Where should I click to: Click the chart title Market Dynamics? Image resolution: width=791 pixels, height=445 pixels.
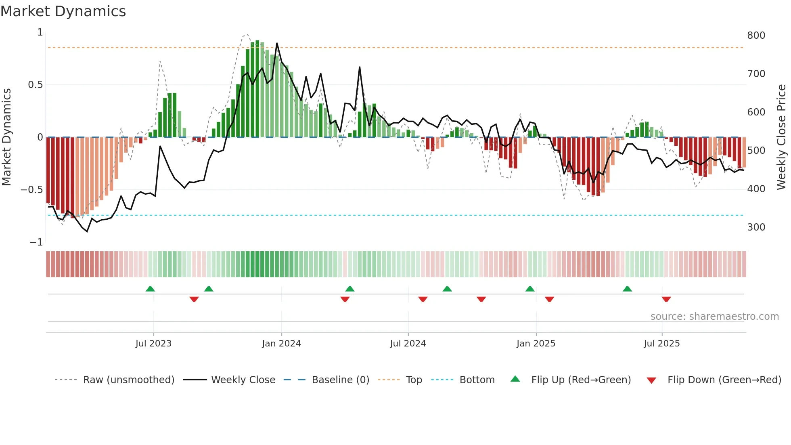(63, 11)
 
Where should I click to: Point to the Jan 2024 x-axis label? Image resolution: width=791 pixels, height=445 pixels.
(281, 344)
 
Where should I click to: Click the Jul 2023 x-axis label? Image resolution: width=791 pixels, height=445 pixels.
(153, 344)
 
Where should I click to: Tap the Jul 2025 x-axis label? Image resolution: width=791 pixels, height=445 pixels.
(661, 344)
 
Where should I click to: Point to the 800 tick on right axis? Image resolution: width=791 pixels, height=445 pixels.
(756, 36)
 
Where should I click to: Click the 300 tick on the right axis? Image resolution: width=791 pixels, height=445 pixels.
(756, 227)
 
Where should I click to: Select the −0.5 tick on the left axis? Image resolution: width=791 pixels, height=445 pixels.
(31, 190)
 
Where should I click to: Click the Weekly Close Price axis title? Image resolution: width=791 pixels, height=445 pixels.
(781, 137)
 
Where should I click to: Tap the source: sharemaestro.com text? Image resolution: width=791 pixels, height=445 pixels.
(714, 317)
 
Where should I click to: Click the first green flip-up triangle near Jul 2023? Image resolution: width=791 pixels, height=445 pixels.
(150, 289)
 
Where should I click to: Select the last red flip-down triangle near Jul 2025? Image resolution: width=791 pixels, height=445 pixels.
(666, 299)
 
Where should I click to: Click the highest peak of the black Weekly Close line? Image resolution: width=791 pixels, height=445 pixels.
(277, 43)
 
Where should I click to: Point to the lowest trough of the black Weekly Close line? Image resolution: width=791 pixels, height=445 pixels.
(87, 231)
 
